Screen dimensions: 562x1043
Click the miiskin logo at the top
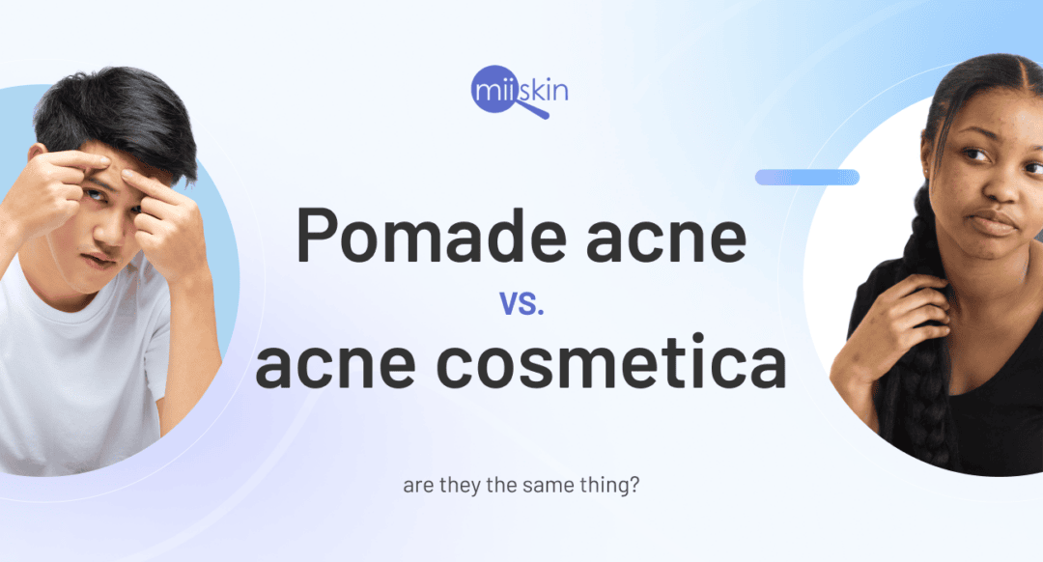click(x=521, y=90)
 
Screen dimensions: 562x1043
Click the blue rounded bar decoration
click(x=806, y=177)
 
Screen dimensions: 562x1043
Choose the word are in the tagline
click(x=416, y=485)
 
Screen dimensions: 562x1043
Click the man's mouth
click(x=101, y=259)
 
